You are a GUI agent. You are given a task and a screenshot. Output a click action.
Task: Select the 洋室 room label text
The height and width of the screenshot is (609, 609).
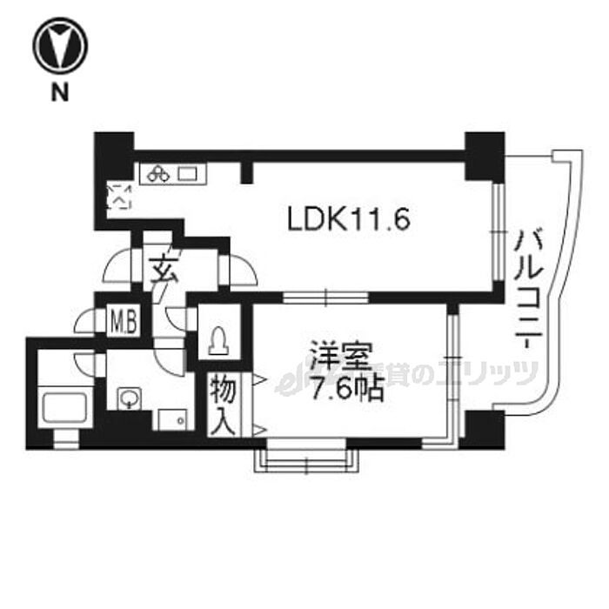(x=342, y=358)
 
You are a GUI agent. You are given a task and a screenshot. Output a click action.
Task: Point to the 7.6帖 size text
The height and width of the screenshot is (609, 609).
(x=340, y=388)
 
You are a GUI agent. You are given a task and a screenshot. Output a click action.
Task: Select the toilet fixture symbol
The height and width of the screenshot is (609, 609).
(x=217, y=339)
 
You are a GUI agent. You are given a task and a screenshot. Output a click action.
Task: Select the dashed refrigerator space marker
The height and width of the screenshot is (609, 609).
(x=117, y=199)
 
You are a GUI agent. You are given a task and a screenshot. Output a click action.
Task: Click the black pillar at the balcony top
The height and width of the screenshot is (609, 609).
(x=484, y=156)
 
